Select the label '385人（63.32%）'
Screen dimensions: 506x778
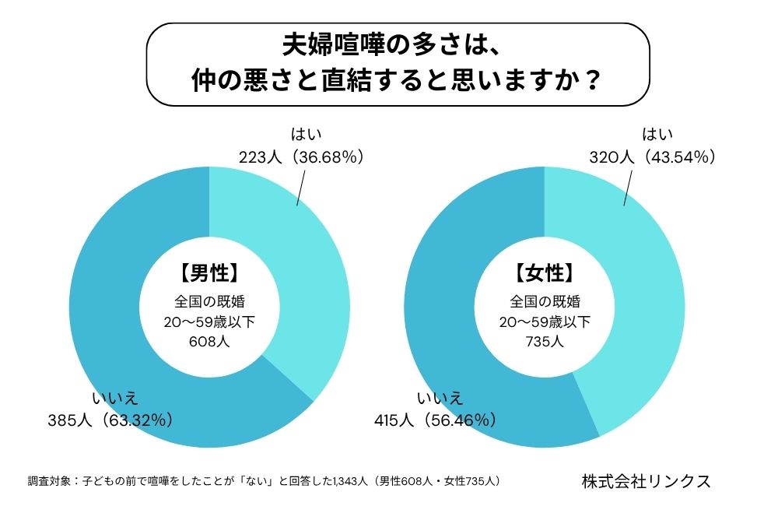(110, 420)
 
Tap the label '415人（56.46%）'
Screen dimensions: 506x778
(434, 420)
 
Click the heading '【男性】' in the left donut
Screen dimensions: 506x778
(209, 273)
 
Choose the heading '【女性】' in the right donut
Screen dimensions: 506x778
(545, 273)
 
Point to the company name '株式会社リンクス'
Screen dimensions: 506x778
(646, 480)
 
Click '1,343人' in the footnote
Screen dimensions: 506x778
(349, 481)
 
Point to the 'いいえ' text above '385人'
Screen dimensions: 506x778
(115, 399)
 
